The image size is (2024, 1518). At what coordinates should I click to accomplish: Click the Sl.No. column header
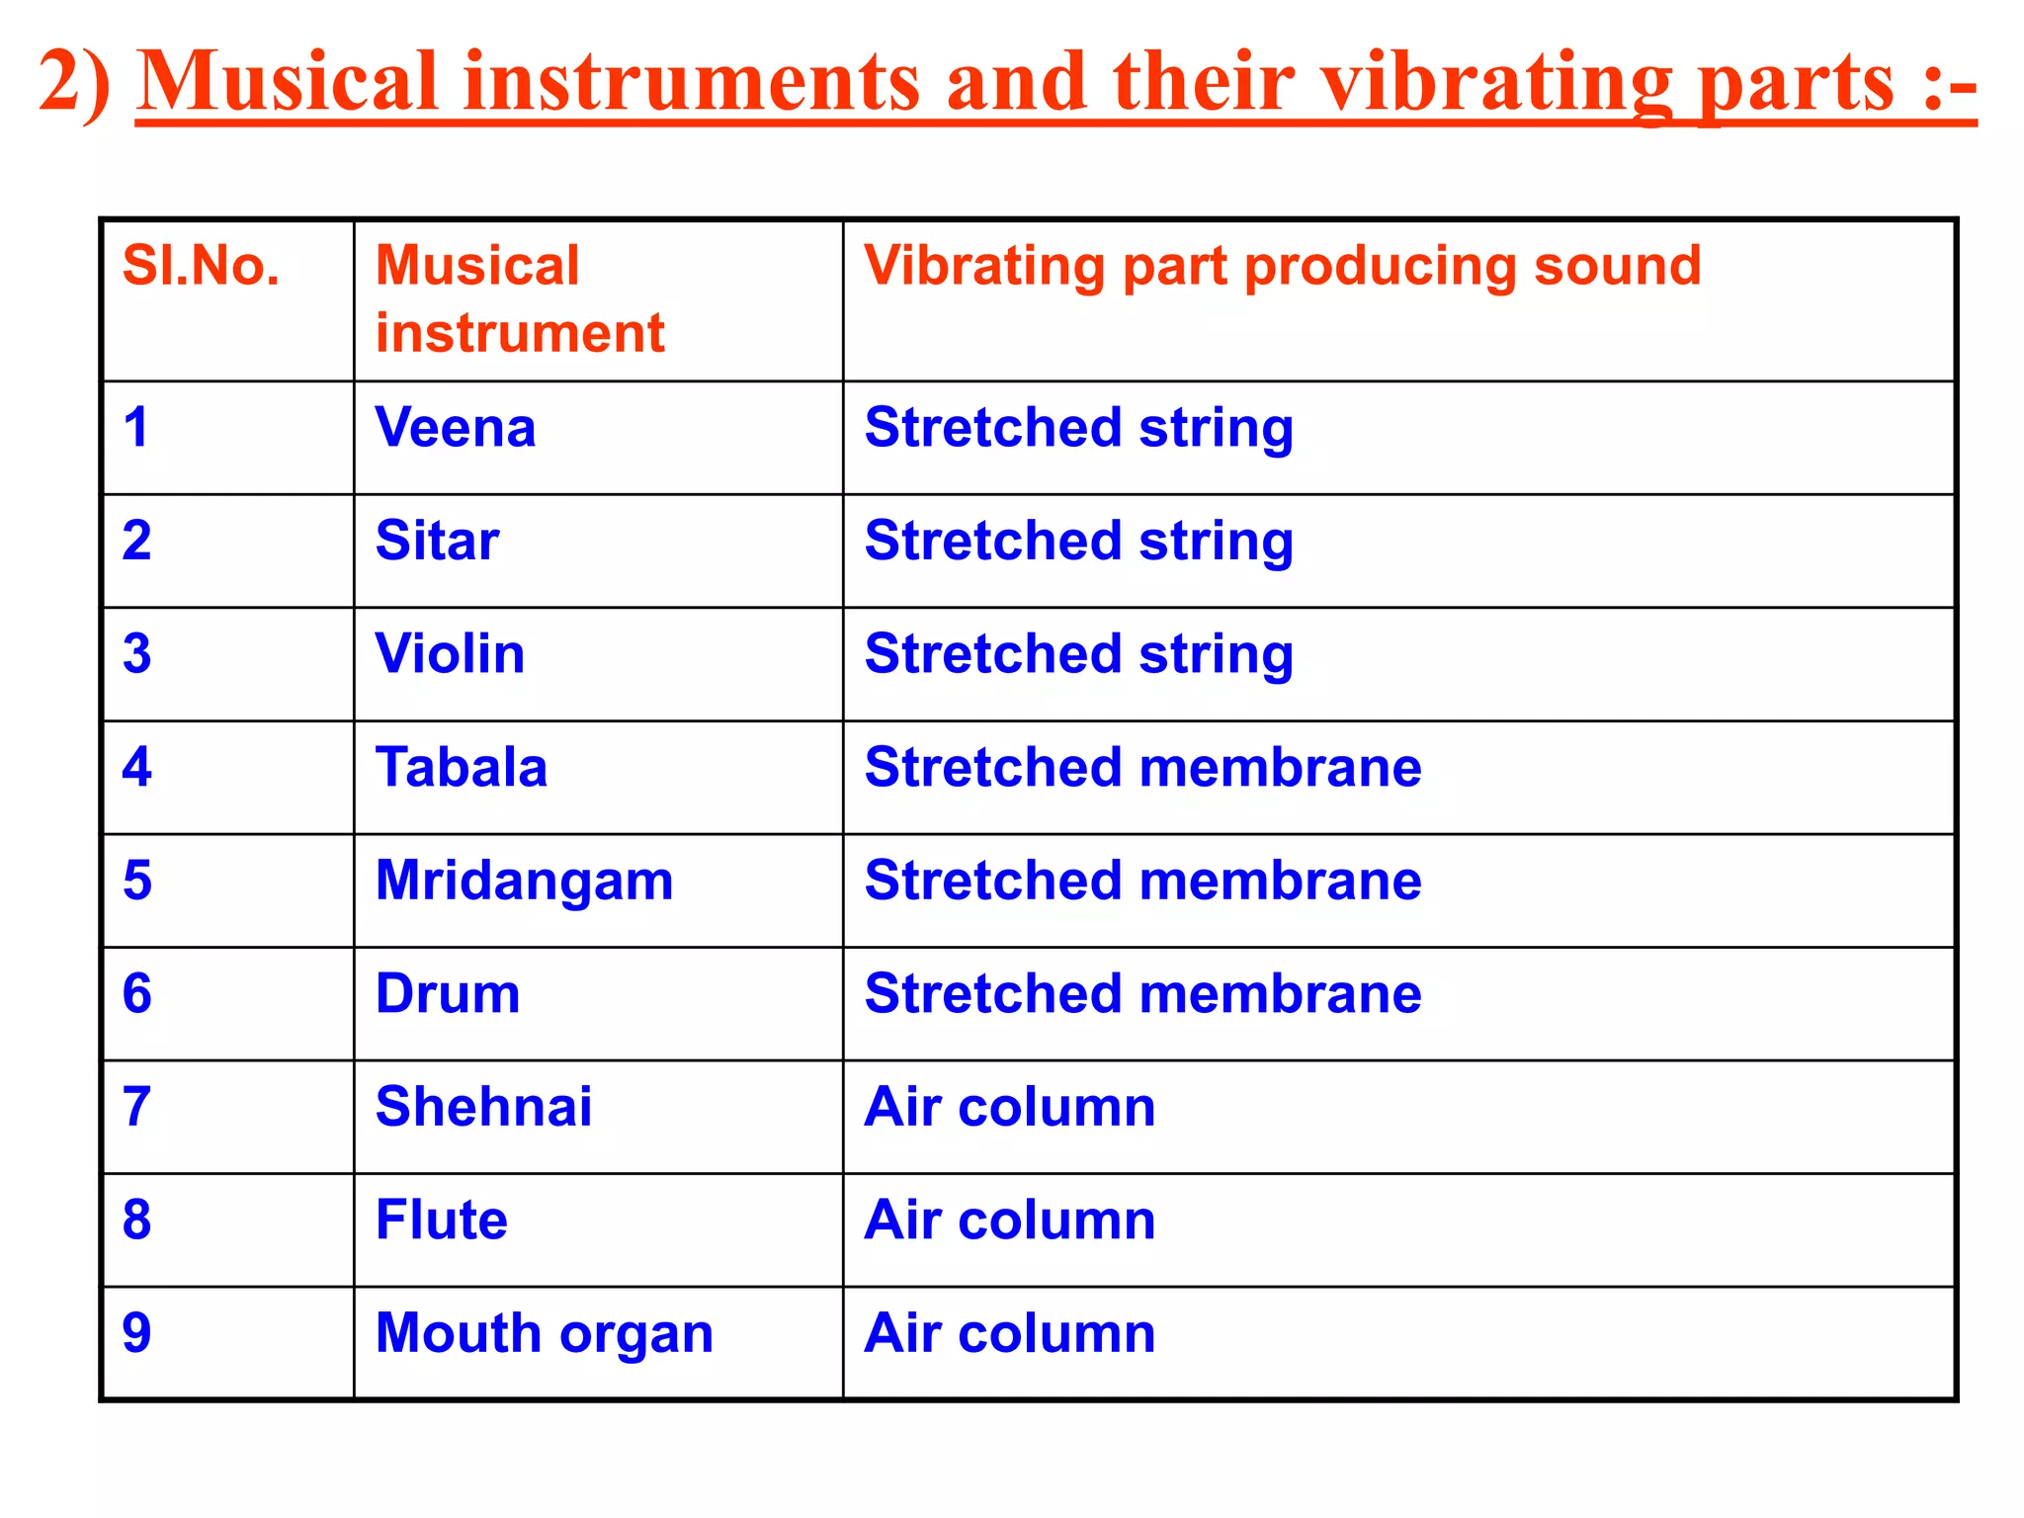pos(201,266)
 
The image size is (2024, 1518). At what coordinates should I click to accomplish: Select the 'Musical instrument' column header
pos(520,298)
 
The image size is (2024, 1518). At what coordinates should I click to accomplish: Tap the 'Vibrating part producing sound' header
pos(1282,266)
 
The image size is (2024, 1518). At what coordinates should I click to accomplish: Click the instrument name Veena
pos(456,428)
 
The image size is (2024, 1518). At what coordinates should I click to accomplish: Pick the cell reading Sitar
pos(437,541)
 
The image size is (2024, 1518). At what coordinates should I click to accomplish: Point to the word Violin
pos(450,654)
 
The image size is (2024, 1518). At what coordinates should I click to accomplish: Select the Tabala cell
pos(461,767)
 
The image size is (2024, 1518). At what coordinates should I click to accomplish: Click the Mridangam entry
pos(524,881)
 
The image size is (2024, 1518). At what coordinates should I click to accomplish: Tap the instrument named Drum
pos(448,993)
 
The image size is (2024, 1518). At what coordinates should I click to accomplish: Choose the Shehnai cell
pos(483,1107)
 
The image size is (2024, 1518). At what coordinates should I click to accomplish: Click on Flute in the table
pos(441,1220)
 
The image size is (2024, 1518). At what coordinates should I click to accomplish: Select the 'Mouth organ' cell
pos(544,1333)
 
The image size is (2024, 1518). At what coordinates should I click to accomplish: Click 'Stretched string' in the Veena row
pos(1078,428)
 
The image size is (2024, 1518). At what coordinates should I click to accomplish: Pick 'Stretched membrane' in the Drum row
pos(1142,993)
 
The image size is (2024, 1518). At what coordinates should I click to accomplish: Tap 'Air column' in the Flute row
pos(1009,1220)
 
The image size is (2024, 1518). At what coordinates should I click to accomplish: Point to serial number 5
pos(137,881)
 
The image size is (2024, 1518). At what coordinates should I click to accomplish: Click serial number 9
pos(137,1333)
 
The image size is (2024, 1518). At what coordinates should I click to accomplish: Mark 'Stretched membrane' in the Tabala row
pos(1142,767)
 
